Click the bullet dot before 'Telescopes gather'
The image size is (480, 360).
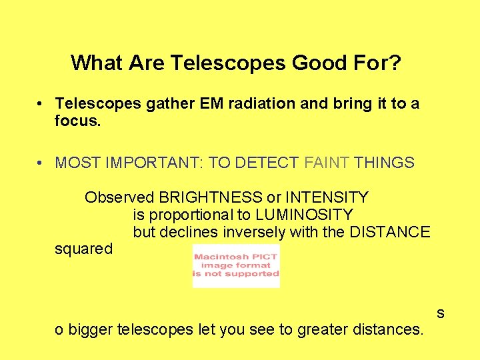pyautogui.click(x=41, y=104)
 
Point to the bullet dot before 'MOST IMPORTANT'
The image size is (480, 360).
pyautogui.click(x=41, y=163)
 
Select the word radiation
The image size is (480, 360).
pyautogui.click(x=263, y=104)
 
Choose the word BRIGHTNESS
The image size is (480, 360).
pyautogui.click(x=210, y=197)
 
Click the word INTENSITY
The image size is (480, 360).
pyautogui.click(x=327, y=197)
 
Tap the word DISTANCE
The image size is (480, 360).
pyautogui.click(x=389, y=232)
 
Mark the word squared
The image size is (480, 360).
pyautogui.click(x=83, y=249)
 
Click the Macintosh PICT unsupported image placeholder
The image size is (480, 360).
pyautogui.click(x=236, y=265)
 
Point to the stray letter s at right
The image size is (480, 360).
pyautogui.click(x=440, y=313)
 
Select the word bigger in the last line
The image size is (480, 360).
pyautogui.click(x=90, y=329)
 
